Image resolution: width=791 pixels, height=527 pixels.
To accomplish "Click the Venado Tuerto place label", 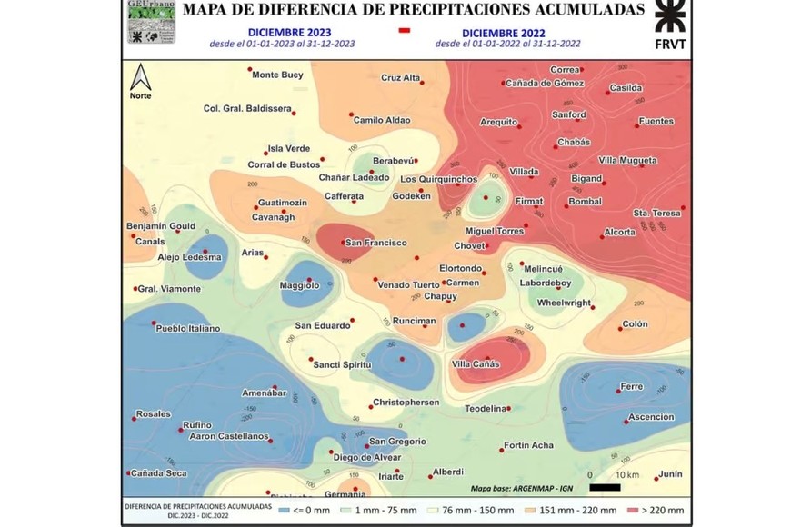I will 407,284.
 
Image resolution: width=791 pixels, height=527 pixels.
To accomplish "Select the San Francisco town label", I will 375,243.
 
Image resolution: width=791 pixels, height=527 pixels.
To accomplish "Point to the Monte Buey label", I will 277,75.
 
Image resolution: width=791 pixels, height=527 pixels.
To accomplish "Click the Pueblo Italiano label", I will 188,328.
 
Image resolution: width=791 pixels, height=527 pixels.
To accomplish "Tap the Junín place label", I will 670,473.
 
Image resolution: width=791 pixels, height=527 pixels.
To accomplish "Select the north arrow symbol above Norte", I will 140,75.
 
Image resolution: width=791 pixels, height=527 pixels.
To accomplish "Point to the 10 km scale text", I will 626,474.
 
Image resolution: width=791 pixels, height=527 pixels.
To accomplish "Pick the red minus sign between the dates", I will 405,31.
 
